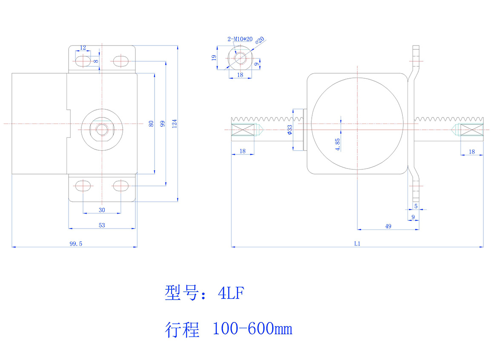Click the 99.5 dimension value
tap(75, 243)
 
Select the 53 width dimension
tap(102, 225)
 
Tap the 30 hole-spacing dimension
tap(102, 209)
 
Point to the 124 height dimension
tap(174, 123)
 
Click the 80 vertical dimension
tap(151, 123)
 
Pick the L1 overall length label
tap(357, 244)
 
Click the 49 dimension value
tap(388, 226)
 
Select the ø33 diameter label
tap(290, 130)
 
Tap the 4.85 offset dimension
tap(338, 145)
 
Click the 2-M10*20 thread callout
tap(240, 39)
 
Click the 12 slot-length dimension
tap(83, 47)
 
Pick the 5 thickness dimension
tap(416, 206)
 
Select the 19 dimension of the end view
tap(214, 57)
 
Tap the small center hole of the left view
tap(102, 129)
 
